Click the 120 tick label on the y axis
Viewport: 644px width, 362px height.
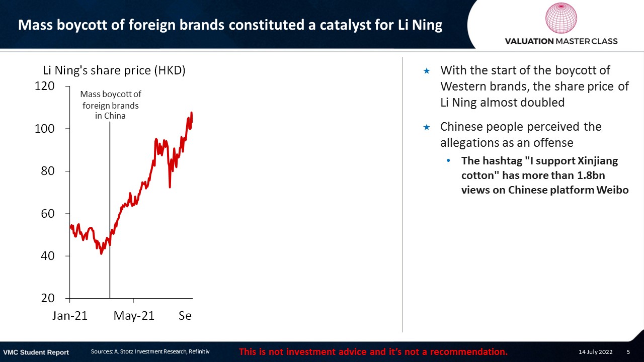pyautogui.click(x=45, y=86)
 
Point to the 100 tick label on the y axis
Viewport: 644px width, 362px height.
pyautogui.click(x=45, y=129)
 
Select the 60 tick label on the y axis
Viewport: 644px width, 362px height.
pyautogui.click(x=48, y=214)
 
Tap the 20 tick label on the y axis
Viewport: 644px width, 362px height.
pyautogui.click(x=48, y=298)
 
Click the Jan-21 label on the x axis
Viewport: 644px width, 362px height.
pyautogui.click(x=70, y=316)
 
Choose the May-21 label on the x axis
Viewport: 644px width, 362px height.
pyautogui.click(x=134, y=316)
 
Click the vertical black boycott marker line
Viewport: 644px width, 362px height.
pyautogui.click(x=110, y=210)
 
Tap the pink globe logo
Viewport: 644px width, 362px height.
pyautogui.click(x=561, y=18)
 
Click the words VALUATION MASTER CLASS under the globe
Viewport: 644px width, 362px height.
pyautogui.click(x=561, y=41)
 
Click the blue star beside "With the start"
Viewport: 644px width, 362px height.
pyautogui.click(x=427, y=71)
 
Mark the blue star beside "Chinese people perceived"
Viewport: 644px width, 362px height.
pyautogui.click(x=427, y=127)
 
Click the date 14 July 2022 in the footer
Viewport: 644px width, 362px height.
pyautogui.click(x=595, y=351)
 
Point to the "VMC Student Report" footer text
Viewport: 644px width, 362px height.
pyautogui.click(x=36, y=352)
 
